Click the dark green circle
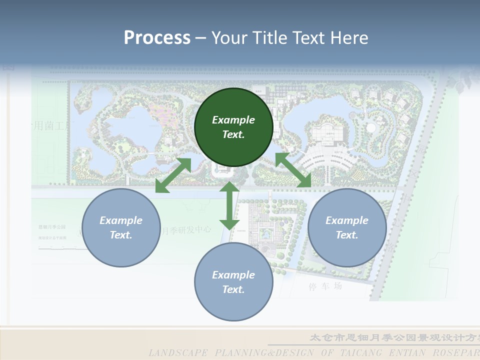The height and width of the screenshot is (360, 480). [x=233, y=127]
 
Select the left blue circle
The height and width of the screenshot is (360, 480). [x=121, y=227]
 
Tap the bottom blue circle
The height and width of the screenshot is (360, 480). [x=233, y=282]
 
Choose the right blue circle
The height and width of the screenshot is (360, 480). [x=347, y=227]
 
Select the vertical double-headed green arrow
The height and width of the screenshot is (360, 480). [x=229, y=205]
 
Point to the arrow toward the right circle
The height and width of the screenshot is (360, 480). [x=293, y=170]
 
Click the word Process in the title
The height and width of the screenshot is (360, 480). [x=157, y=37]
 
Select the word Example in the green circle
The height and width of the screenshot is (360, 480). [x=233, y=120]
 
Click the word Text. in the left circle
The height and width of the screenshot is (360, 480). [x=121, y=235]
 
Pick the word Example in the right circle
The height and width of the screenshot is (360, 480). [x=347, y=220]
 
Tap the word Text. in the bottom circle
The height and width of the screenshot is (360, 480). [x=233, y=289]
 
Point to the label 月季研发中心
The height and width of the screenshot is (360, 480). [x=186, y=230]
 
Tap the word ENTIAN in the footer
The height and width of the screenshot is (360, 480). [x=411, y=352]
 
